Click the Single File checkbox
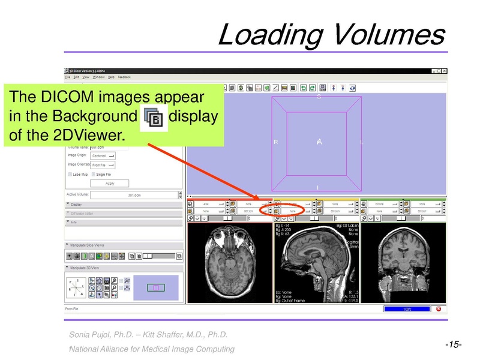(94, 174)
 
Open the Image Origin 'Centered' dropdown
(103, 155)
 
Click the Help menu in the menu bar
(112, 77)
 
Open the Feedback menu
(124, 77)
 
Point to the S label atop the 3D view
(319, 97)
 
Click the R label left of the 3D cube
(276, 142)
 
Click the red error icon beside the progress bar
(438, 309)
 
